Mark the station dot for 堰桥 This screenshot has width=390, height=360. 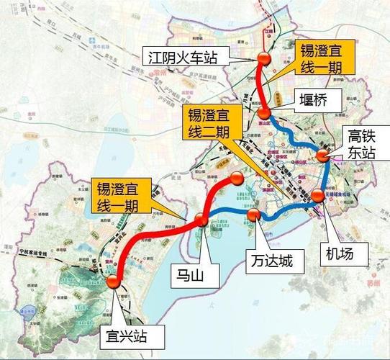click(266, 112)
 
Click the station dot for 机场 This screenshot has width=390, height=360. click(317, 196)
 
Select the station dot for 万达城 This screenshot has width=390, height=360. click(253, 214)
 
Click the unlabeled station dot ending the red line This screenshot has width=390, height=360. click(237, 179)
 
